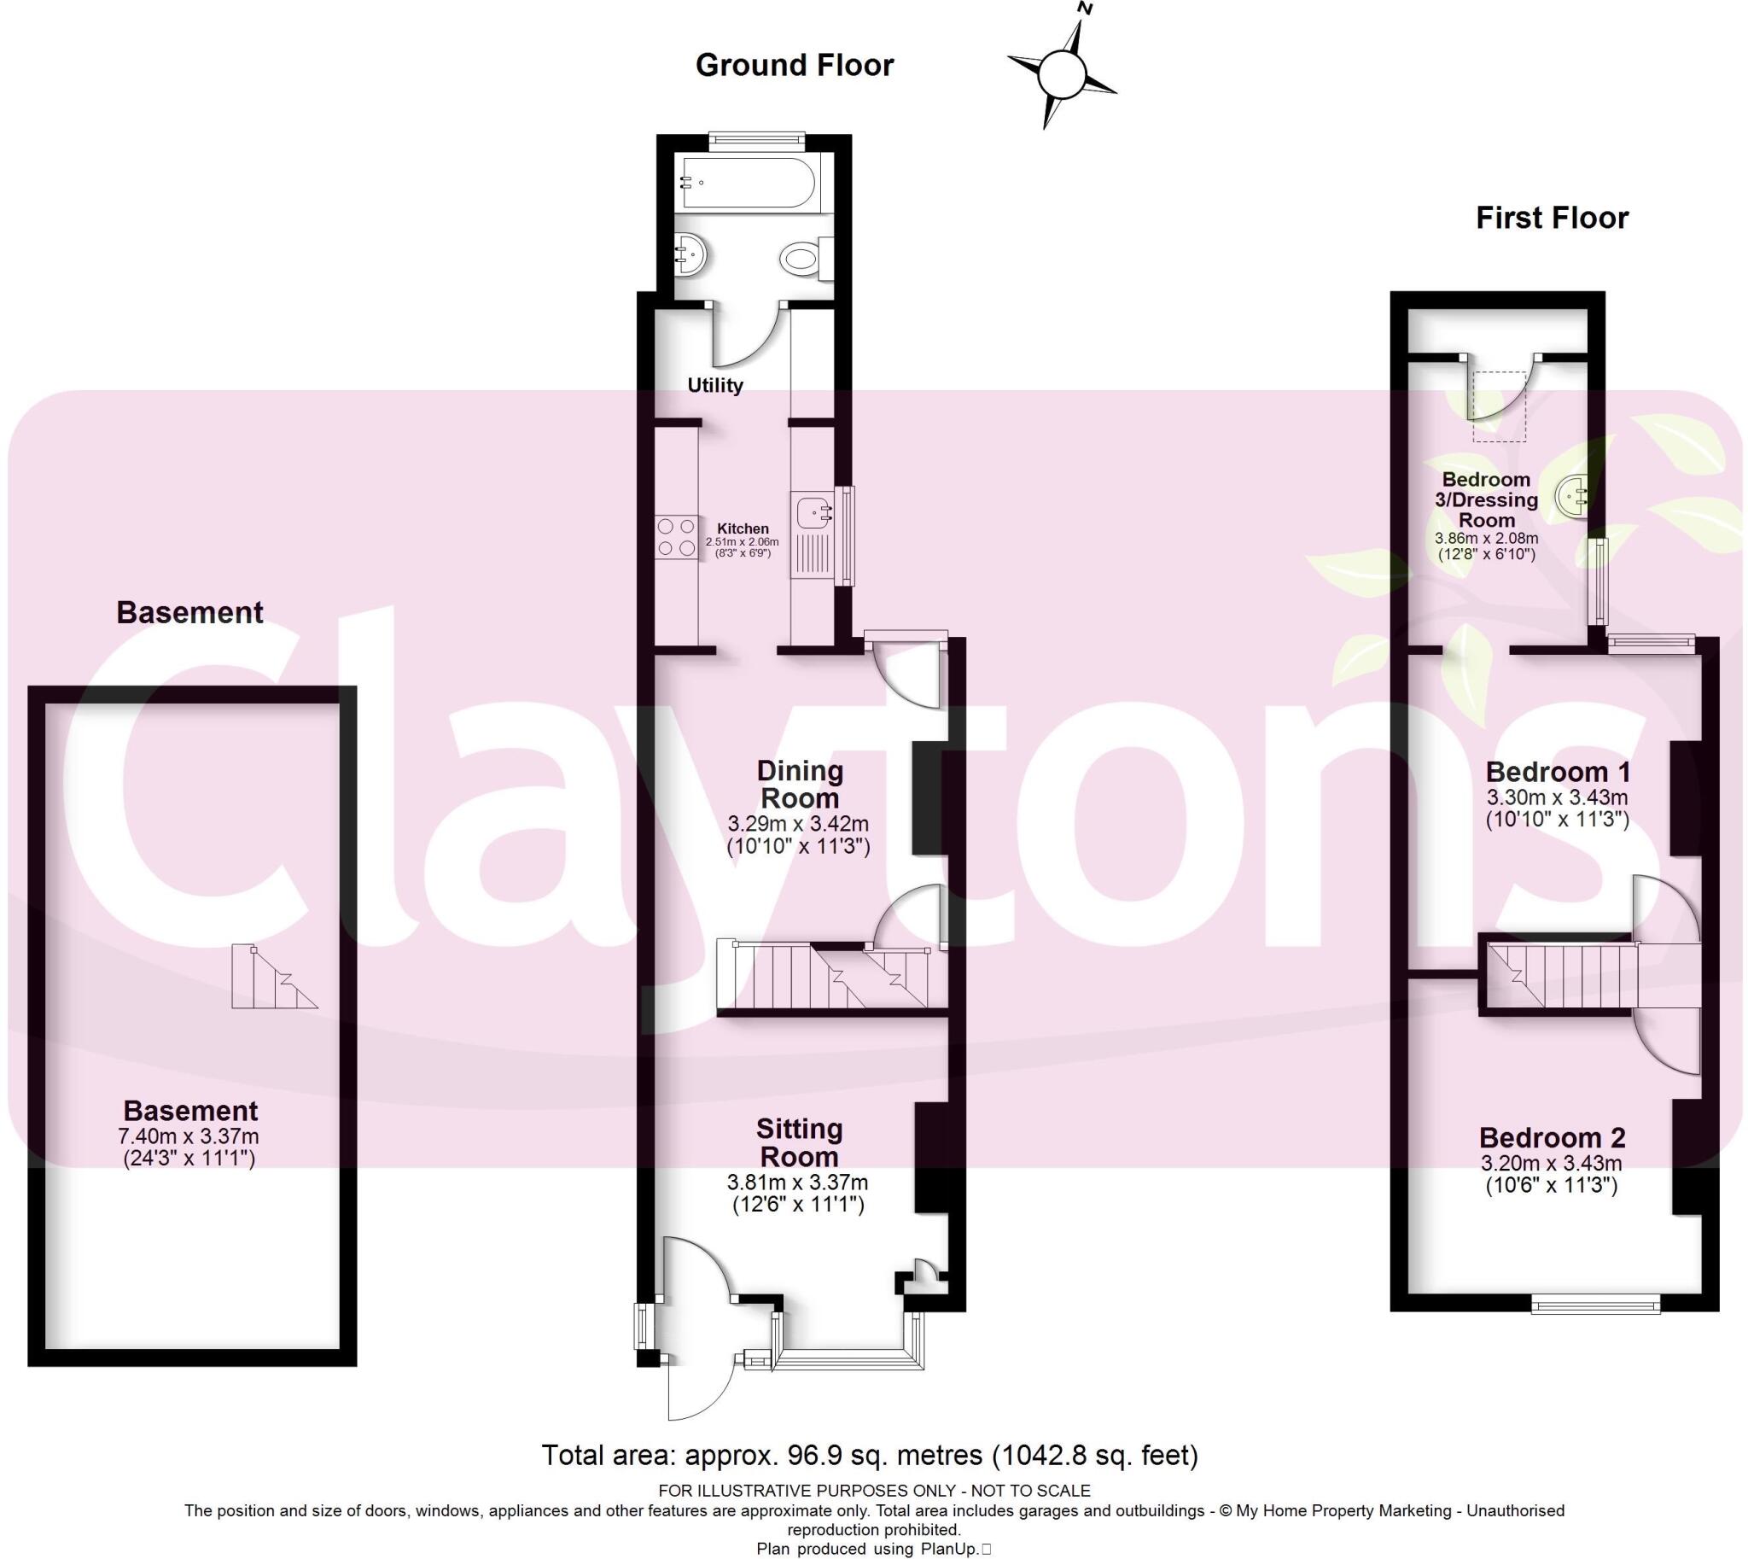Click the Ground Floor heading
click(x=794, y=65)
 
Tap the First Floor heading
click(x=1551, y=218)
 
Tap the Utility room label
click(x=715, y=385)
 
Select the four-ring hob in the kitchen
click(x=677, y=538)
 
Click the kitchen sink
click(x=812, y=513)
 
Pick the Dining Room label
click(x=800, y=785)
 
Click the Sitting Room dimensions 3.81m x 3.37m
click(x=797, y=1182)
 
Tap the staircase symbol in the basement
click(x=272, y=978)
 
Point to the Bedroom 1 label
click(x=1557, y=771)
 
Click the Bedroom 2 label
click(x=1552, y=1137)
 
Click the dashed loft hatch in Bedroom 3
click(x=1499, y=406)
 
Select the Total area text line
click(x=869, y=1456)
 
